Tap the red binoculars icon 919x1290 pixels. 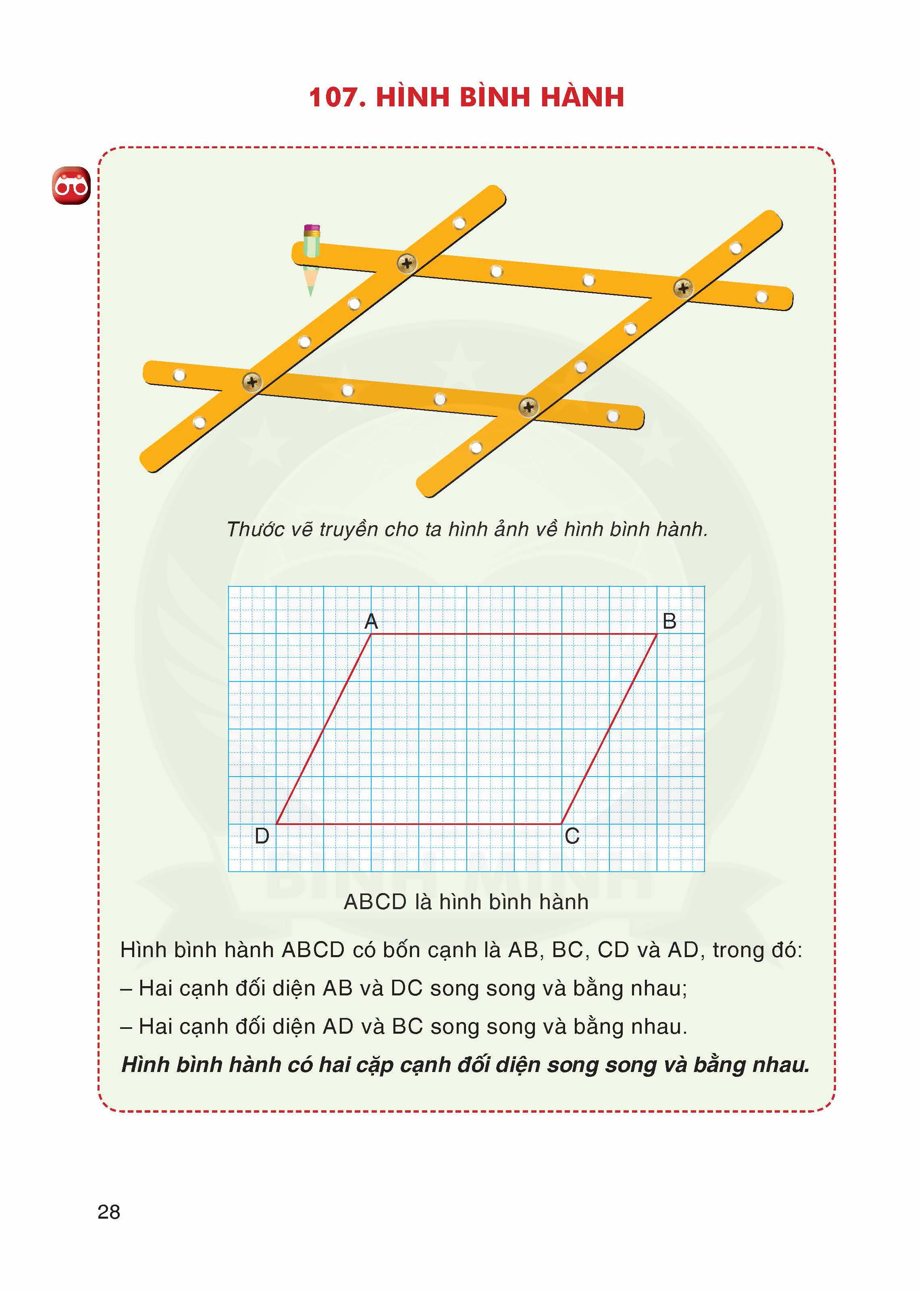pyautogui.click(x=71, y=185)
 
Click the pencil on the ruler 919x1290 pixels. pyautogui.click(x=311, y=258)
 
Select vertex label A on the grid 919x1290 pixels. pyautogui.click(x=371, y=621)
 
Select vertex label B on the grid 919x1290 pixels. pyautogui.click(x=669, y=621)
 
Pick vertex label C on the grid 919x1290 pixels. pyautogui.click(x=572, y=836)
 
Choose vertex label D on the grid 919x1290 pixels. pyautogui.click(x=262, y=836)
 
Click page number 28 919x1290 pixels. pyautogui.click(x=109, y=1211)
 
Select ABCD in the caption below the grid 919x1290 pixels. pyautogui.click(x=375, y=902)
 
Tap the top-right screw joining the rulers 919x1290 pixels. pyautogui.click(x=683, y=288)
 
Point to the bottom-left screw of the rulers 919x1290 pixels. pyautogui.click(x=252, y=382)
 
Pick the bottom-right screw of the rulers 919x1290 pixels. pyautogui.click(x=528, y=406)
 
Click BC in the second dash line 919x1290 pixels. pyautogui.click(x=408, y=1026)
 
